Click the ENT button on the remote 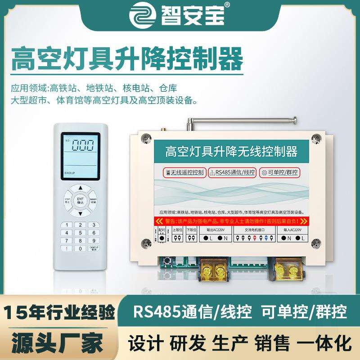pyautogui.click(x=80, y=200)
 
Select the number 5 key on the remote pyautogui.click(x=80, y=233)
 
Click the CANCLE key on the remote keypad pyautogui.click(x=93, y=248)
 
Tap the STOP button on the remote pyautogui.click(x=67, y=200)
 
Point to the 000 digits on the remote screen pyautogui.click(x=81, y=146)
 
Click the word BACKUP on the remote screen pyautogui.click(x=69, y=172)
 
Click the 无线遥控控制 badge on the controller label pyautogui.click(x=180, y=172)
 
